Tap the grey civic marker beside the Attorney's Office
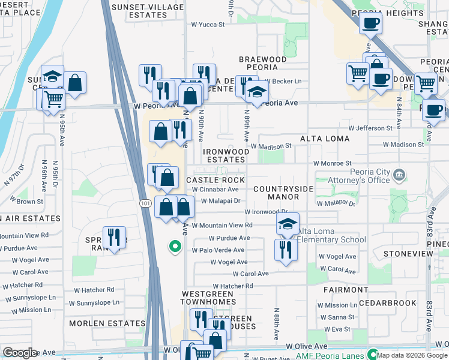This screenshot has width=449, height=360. pyautogui.click(x=400, y=175)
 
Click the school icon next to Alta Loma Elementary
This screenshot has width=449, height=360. pyautogui.click(x=288, y=224)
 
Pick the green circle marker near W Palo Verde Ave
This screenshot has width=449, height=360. pyautogui.click(x=175, y=246)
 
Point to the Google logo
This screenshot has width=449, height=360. pyautogui.click(x=20, y=352)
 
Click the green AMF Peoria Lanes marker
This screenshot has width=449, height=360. pyautogui.click(x=372, y=354)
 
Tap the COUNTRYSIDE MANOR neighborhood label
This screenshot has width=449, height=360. pyautogui.click(x=283, y=193)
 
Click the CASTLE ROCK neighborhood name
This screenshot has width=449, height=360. pyautogui.click(x=215, y=180)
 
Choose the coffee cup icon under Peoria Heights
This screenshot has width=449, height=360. pyautogui.click(x=370, y=24)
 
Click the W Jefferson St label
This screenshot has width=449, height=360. pyautogui.click(x=370, y=128)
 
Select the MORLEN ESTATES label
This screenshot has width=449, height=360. pyautogui.click(x=107, y=323)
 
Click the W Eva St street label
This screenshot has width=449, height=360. pyautogui.click(x=337, y=329)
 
